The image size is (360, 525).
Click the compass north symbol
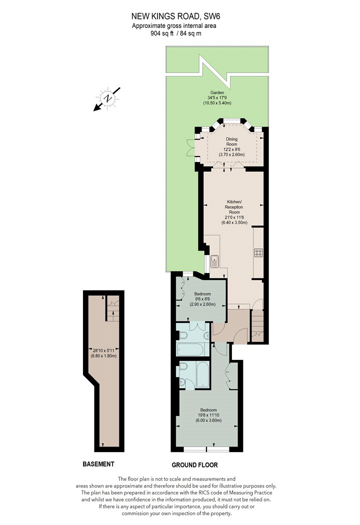coord(107,99)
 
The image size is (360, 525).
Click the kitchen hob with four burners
coord(258,252)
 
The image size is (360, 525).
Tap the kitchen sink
coord(214,261)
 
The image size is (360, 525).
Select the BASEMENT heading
coord(98,464)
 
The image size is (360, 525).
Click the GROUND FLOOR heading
coord(194,465)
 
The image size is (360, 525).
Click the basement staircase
coord(113,308)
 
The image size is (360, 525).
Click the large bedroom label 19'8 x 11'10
coord(208,415)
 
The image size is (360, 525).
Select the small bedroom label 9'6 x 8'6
coord(202,299)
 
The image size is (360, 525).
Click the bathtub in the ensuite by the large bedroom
coord(202,374)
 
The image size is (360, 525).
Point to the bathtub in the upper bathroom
coord(189,349)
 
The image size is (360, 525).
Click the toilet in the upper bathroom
coord(182,335)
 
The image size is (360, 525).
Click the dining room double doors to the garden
coord(190,147)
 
